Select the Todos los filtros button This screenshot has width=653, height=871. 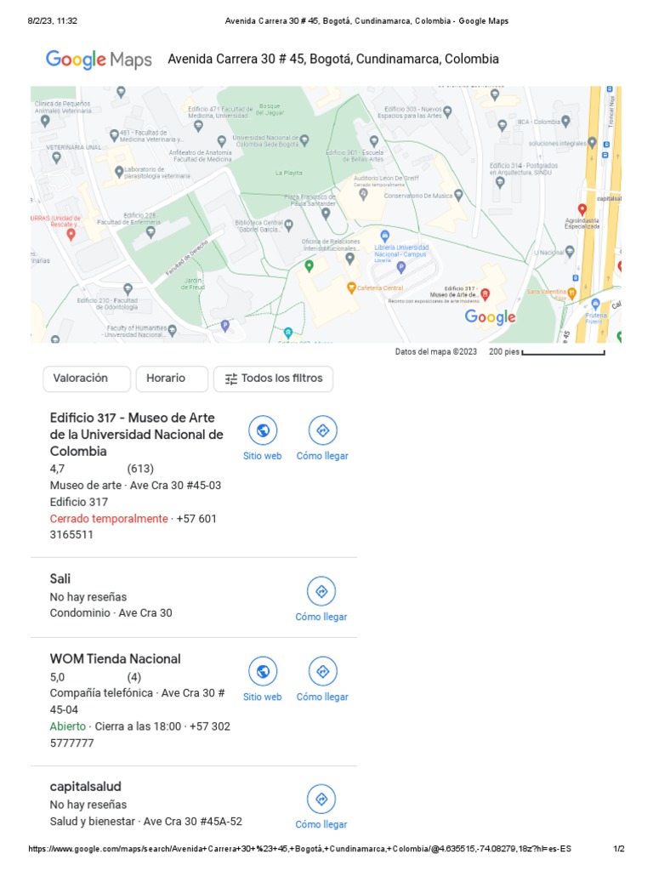click(273, 379)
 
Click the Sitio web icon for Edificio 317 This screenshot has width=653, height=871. click(263, 430)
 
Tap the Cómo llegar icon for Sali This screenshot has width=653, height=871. click(321, 591)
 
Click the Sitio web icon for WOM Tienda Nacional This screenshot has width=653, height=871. click(263, 671)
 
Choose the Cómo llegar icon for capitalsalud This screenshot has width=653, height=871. click(321, 799)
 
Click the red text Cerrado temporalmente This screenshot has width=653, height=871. click(109, 519)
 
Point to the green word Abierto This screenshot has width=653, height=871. click(68, 726)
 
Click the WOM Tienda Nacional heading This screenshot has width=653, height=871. click(116, 659)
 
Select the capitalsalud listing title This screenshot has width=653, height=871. click(86, 787)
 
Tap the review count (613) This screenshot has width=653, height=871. click(141, 469)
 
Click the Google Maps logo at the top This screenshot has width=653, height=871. click(99, 60)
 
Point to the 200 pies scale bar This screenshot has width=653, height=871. click(563, 352)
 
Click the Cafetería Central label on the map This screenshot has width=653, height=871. click(380, 287)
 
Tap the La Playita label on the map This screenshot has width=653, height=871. click(288, 173)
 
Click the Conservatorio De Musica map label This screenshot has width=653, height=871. click(418, 196)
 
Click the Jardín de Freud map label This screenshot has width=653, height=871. click(194, 283)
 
